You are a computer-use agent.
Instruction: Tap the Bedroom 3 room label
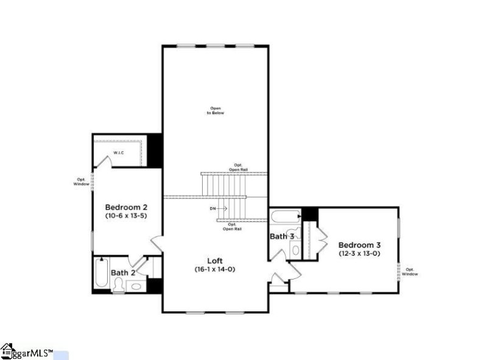(x=359, y=245)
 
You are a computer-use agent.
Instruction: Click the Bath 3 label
(x=282, y=236)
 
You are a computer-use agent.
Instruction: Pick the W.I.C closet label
(x=119, y=152)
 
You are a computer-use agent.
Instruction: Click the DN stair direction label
(x=213, y=208)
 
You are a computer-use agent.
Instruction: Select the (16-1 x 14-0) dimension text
(x=214, y=269)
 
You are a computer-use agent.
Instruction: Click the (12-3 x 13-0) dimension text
(x=359, y=253)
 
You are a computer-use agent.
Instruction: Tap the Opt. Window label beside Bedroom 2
(x=81, y=182)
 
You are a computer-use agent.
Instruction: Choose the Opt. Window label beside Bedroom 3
(x=410, y=272)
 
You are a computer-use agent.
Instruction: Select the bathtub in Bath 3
(x=285, y=216)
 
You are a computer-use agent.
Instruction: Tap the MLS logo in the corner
(x=27, y=352)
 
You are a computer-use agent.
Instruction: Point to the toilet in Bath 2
(x=119, y=286)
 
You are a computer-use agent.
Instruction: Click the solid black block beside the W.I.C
(x=156, y=149)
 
